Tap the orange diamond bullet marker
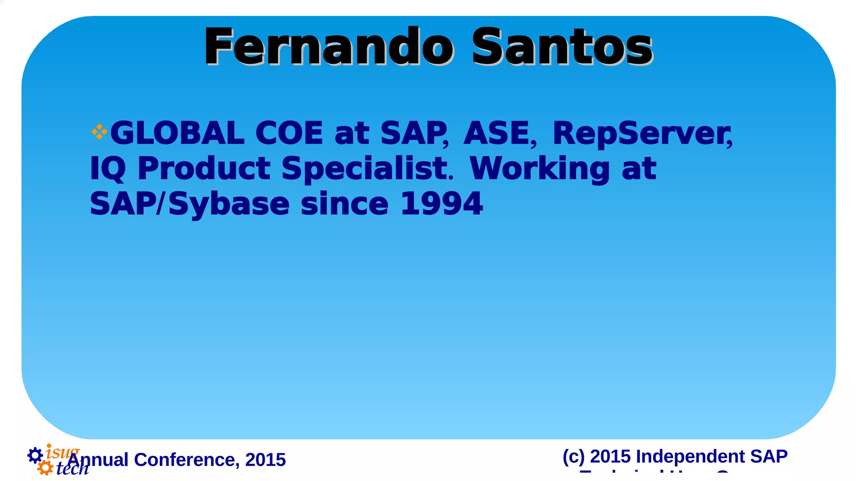(x=99, y=132)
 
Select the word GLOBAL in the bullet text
(x=177, y=133)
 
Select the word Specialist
(x=365, y=169)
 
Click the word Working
(x=540, y=169)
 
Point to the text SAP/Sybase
(x=190, y=204)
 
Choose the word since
(x=344, y=204)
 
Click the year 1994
(x=441, y=204)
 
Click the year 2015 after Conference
(x=265, y=460)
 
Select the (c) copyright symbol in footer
(x=573, y=456)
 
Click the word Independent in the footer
(x=690, y=456)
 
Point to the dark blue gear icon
(x=35, y=455)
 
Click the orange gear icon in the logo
(x=45, y=468)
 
